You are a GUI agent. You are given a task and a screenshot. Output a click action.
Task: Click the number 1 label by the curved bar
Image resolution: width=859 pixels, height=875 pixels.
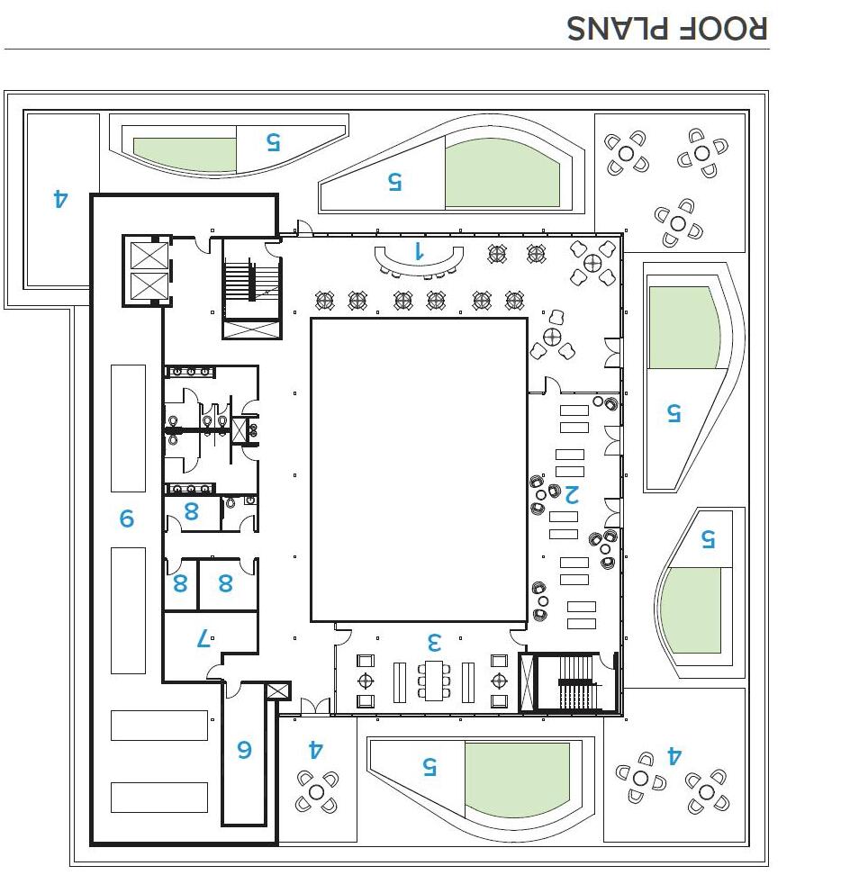coord(418,250)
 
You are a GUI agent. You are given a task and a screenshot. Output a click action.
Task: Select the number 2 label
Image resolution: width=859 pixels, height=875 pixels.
coord(571,493)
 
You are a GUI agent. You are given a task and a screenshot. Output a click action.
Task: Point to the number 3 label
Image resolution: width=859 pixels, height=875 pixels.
coord(434,642)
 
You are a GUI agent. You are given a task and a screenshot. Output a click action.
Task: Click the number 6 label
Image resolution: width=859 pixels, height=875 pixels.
coord(244,749)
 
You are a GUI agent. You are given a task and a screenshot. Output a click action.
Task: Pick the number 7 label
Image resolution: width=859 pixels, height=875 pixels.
coord(203,639)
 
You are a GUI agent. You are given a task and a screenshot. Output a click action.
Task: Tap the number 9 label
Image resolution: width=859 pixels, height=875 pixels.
coord(127,519)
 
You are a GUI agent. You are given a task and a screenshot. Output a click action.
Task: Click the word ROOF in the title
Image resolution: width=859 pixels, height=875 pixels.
coord(722,27)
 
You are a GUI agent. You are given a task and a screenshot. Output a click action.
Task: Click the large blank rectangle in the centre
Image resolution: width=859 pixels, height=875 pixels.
coord(418,469)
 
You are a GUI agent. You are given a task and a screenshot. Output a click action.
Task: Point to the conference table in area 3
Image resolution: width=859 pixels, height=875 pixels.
coord(435,681)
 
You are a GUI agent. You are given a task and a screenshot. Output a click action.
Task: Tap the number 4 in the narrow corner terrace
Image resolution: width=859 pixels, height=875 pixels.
coord(60,197)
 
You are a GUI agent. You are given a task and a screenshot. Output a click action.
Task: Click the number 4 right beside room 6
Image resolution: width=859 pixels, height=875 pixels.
coord(315,749)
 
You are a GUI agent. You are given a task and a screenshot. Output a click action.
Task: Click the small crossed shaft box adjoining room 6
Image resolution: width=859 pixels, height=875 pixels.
coord(279,691)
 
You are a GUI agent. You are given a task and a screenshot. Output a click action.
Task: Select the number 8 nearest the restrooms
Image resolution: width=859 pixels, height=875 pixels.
coord(191,511)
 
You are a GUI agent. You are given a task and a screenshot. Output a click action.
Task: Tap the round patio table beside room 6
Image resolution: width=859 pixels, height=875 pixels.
coord(316,792)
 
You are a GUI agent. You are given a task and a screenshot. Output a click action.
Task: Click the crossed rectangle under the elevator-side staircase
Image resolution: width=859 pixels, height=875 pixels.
coord(251,329)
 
